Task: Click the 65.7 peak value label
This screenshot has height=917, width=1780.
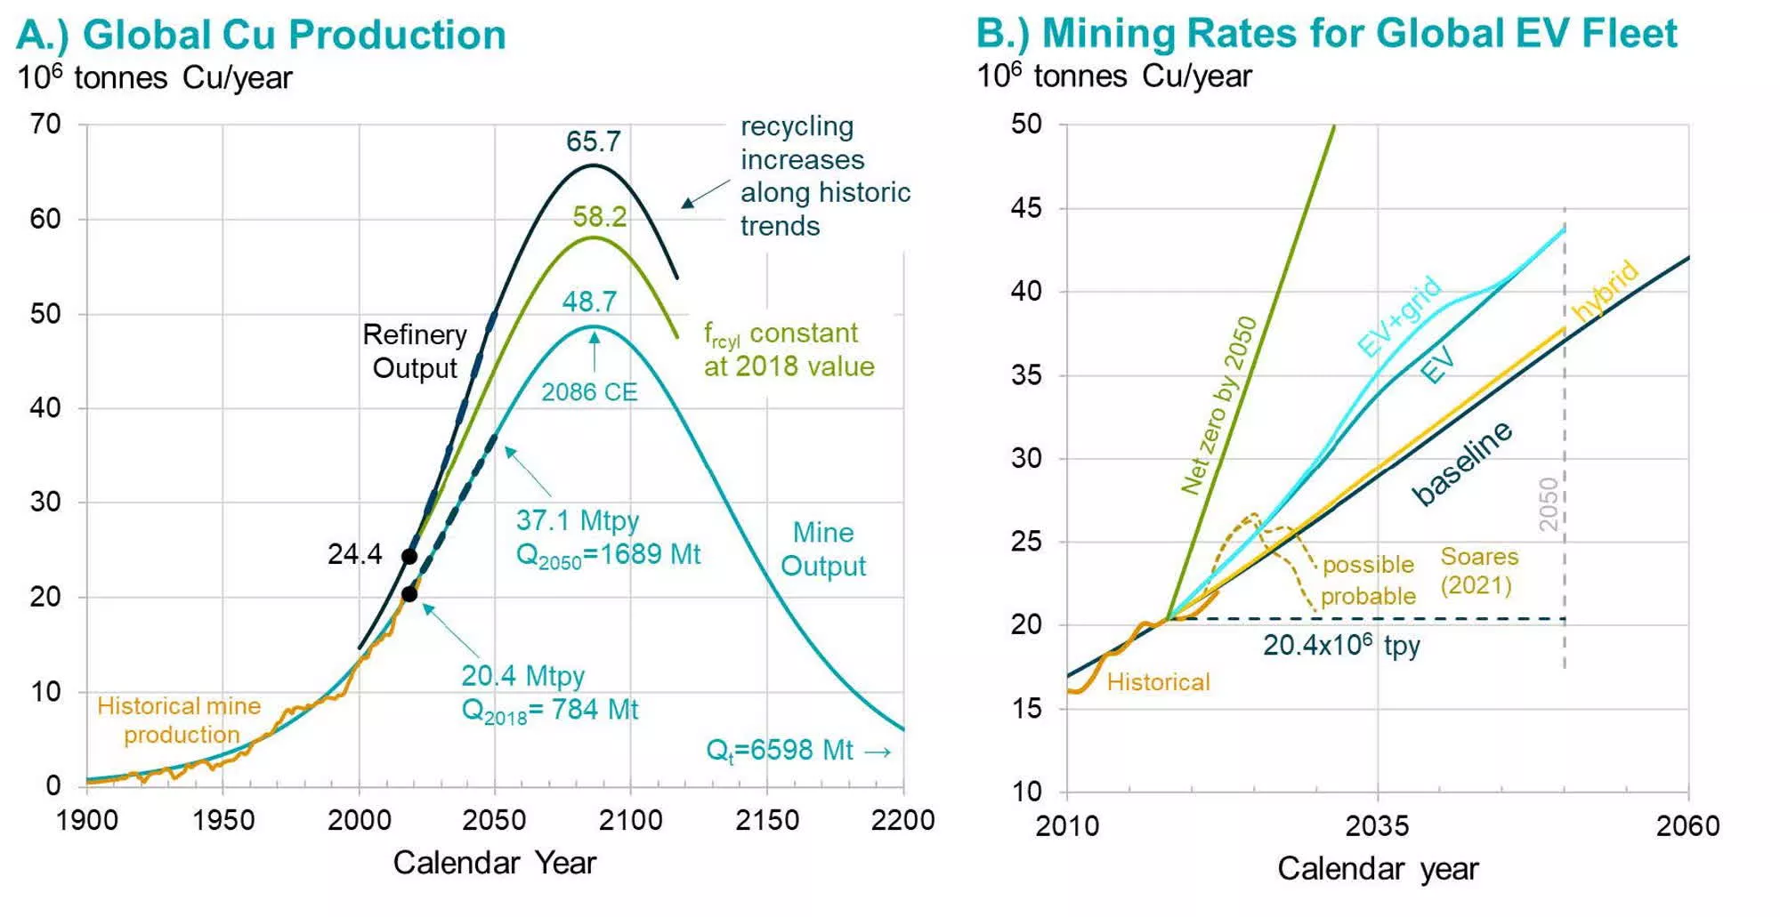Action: coord(594,141)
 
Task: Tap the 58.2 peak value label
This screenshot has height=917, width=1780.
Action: coord(600,216)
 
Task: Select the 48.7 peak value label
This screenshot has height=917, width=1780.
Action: coord(589,302)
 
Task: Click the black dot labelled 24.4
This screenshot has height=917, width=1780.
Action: coord(409,557)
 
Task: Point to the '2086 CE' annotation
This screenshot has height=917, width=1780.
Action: coord(589,392)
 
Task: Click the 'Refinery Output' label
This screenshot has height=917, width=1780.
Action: coord(415,351)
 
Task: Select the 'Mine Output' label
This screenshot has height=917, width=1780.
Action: coord(823,550)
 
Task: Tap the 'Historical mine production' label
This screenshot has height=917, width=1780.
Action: coord(180,720)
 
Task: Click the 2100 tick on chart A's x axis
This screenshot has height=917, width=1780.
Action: coord(630,820)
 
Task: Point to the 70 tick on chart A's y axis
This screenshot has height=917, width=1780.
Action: coord(45,124)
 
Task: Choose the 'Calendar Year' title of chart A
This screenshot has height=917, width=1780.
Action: coord(495,863)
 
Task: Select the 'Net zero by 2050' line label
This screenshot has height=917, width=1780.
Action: coord(1218,405)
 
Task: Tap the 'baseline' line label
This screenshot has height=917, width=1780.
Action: coord(1462,463)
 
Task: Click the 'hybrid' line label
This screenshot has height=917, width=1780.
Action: coord(1605,290)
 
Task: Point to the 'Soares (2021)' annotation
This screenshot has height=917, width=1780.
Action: coord(1478,571)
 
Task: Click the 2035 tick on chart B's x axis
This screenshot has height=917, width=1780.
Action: coord(1377,826)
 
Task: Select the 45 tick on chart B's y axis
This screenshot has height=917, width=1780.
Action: coord(1026,208)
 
